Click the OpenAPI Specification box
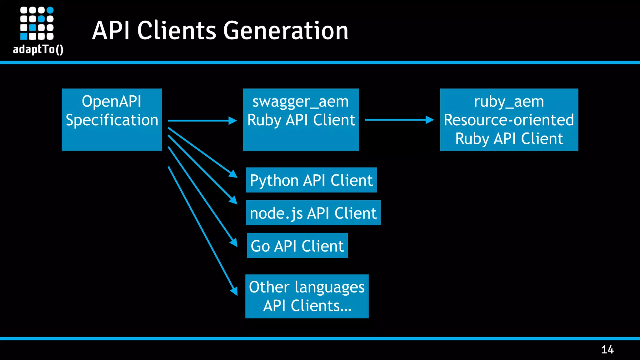click(x=112, y=120)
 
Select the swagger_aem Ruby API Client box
click(x=301, y=120)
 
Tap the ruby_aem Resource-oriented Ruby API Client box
click(x=509, y=120)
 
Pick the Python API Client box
click(x=311, y=180)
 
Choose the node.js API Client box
click(x=313, y=213)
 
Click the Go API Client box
click(x=297, y=246)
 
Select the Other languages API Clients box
click(x=307, y=296)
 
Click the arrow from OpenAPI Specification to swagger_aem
click(x=202, y=121)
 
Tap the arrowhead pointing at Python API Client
click(x=233, y=174)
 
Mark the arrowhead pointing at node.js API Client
click(x=233, y=200)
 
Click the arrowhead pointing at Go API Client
click(x=234, y=242)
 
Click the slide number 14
click(x=607, y=349)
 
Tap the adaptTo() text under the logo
click(x=38, y=49)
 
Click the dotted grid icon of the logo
click(x=37, y=23)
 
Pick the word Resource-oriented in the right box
click(x=509, y=120)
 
